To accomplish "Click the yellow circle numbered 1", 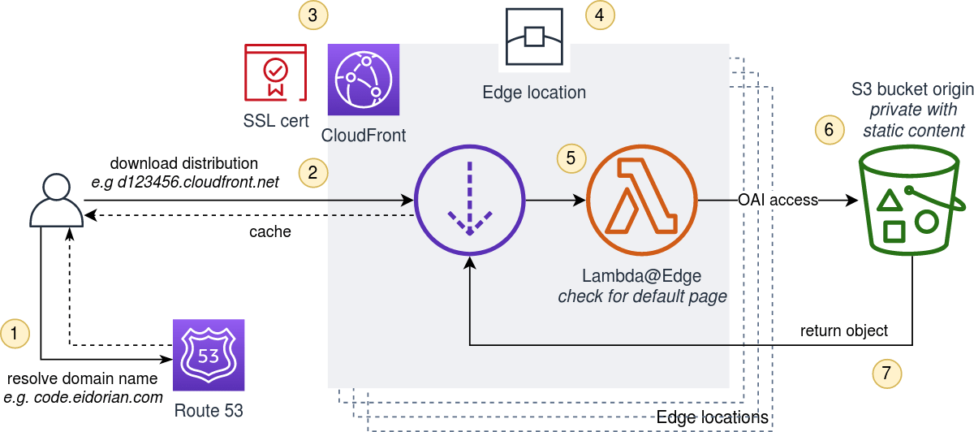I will [15, 332].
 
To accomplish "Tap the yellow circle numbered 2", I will [312, 171].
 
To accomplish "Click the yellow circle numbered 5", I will [571, 158].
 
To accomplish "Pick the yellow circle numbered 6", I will [829, 130].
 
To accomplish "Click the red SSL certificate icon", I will [275, 74].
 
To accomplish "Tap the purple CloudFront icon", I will [364, 80].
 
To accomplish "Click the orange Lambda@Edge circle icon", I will [642, 199].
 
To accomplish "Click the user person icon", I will [56, 202].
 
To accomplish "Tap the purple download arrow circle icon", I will [469, 200].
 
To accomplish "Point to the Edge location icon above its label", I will [533, 37].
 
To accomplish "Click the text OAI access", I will [778, 200].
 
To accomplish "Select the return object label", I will [843, 330].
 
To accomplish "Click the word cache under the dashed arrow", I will [270, 231].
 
